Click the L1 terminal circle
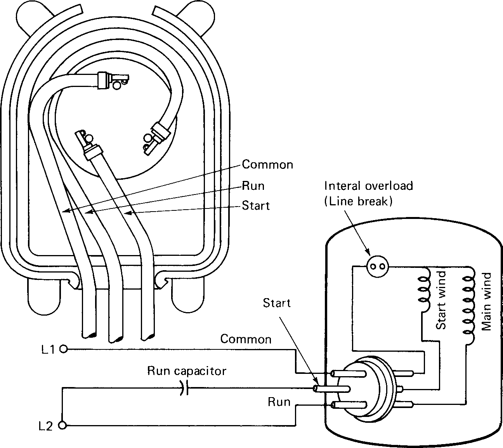point(64,349)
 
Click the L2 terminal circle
point(63,425)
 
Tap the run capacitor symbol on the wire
point(183,387)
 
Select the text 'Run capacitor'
point(186,371)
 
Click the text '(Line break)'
point(358,201)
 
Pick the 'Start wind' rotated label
point(441,300)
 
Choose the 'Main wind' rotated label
point(486,301)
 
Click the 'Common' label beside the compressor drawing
point(267,165)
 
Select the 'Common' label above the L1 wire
point(246,339)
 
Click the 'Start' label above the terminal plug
point(276,303)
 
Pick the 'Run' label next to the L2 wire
point(279,402)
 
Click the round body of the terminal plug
point(369,388)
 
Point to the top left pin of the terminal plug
point(348,373)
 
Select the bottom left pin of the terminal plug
point(348,405)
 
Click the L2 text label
point(46,426)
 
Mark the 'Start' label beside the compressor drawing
point(255,205)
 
